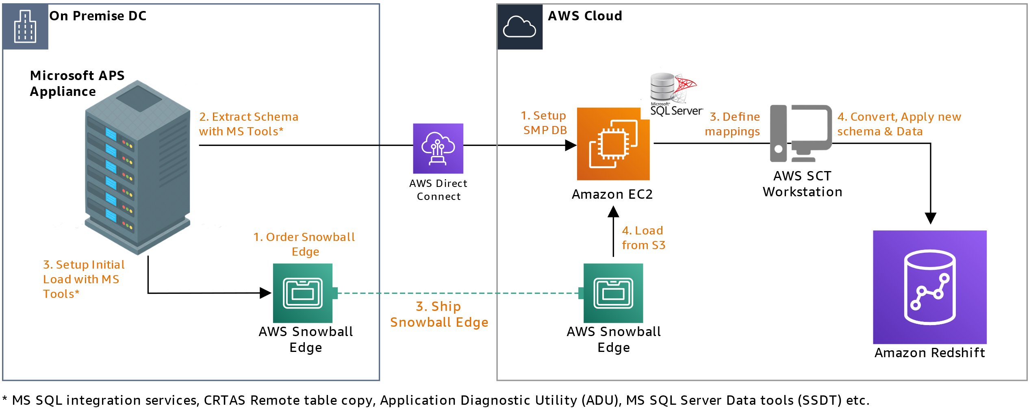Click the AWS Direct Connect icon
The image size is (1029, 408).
tap(438, 148)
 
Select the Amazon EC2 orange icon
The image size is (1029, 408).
tap(613, 144)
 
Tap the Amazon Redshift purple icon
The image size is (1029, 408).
tap(930, 287)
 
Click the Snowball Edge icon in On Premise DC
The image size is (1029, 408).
tap(303, 293)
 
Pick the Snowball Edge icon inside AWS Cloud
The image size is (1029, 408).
tap(613, 293)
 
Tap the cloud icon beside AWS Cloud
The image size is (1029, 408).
tap(520, 27)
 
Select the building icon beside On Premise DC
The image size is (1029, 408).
tap(25, 27)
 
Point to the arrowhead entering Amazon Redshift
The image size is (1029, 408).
tap(930, 218)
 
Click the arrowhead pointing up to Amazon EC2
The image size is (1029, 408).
tap(613, 211)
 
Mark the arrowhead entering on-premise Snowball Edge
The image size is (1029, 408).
tap(265, 293)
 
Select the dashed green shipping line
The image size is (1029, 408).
tap(458, 293)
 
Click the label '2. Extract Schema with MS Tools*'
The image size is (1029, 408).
tap(249, 124)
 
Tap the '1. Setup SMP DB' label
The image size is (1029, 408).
tap(544, 123)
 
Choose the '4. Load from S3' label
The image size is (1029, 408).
tap(643, 238)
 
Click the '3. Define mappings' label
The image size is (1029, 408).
tap(732, 124)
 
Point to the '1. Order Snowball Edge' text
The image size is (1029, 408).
tap(304, 244)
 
